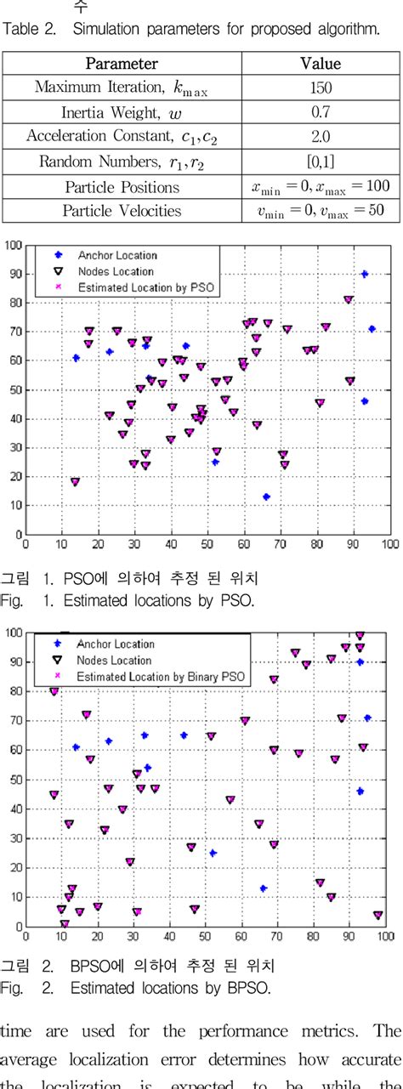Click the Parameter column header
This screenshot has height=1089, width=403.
(x=122, y=64)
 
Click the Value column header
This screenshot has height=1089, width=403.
(x=321, y=64)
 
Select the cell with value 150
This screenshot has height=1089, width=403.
(x=321, y=88)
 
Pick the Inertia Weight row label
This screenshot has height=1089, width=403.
(x=122, y=112)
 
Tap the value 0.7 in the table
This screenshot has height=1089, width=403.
(x=321, y=112)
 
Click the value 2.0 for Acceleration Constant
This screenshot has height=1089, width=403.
(x=321, y=137)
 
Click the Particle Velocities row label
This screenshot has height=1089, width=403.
(x=122, y=212)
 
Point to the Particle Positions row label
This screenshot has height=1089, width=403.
(x=122, y=187)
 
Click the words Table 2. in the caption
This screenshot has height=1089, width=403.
(x=30, y=31)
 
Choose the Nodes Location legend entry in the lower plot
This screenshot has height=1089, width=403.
(x=114, y=660)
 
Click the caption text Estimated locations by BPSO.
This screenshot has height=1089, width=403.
(x=170, y=988)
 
